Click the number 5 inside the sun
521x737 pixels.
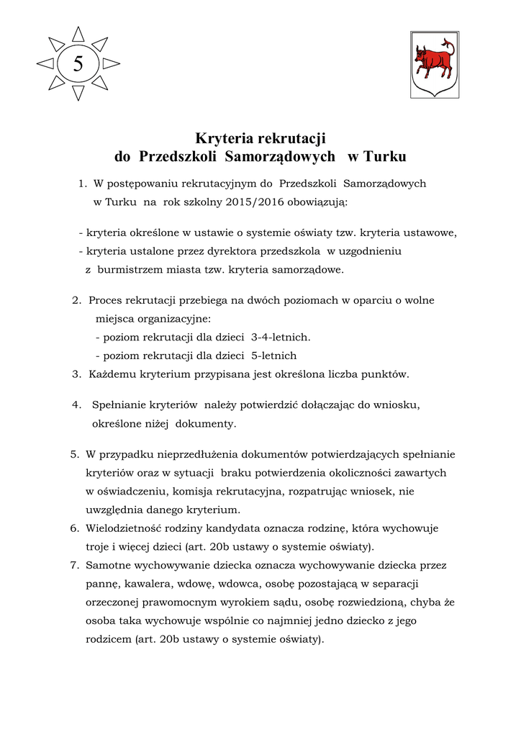pyautogui.click(x=78, y=64)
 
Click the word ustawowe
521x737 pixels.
pyautogui.click(x=430, y=232)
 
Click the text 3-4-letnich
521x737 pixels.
pyautogui.click(x=281, y=337)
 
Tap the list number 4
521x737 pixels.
pyautogui.click(x=76, y=405)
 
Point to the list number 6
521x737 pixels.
pyautogui.click(x=74, y=528)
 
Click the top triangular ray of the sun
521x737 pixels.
pyautogui.click(x=78, y=34)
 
